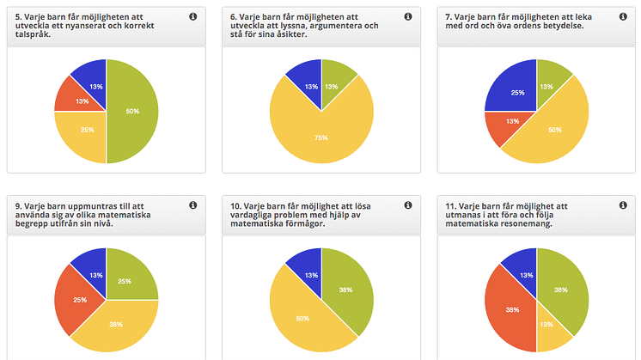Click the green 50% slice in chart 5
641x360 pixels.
pyautogui.click(x=133, y=112)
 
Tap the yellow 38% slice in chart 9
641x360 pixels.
pyautogui.click(x=116, y=325)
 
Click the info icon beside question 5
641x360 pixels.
pyautogui.click(x=192, y=16)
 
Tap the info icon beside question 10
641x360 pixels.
pyautogui.click(x=407, y=205)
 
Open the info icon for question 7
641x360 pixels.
pyautogui.click(x=624, y=16)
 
